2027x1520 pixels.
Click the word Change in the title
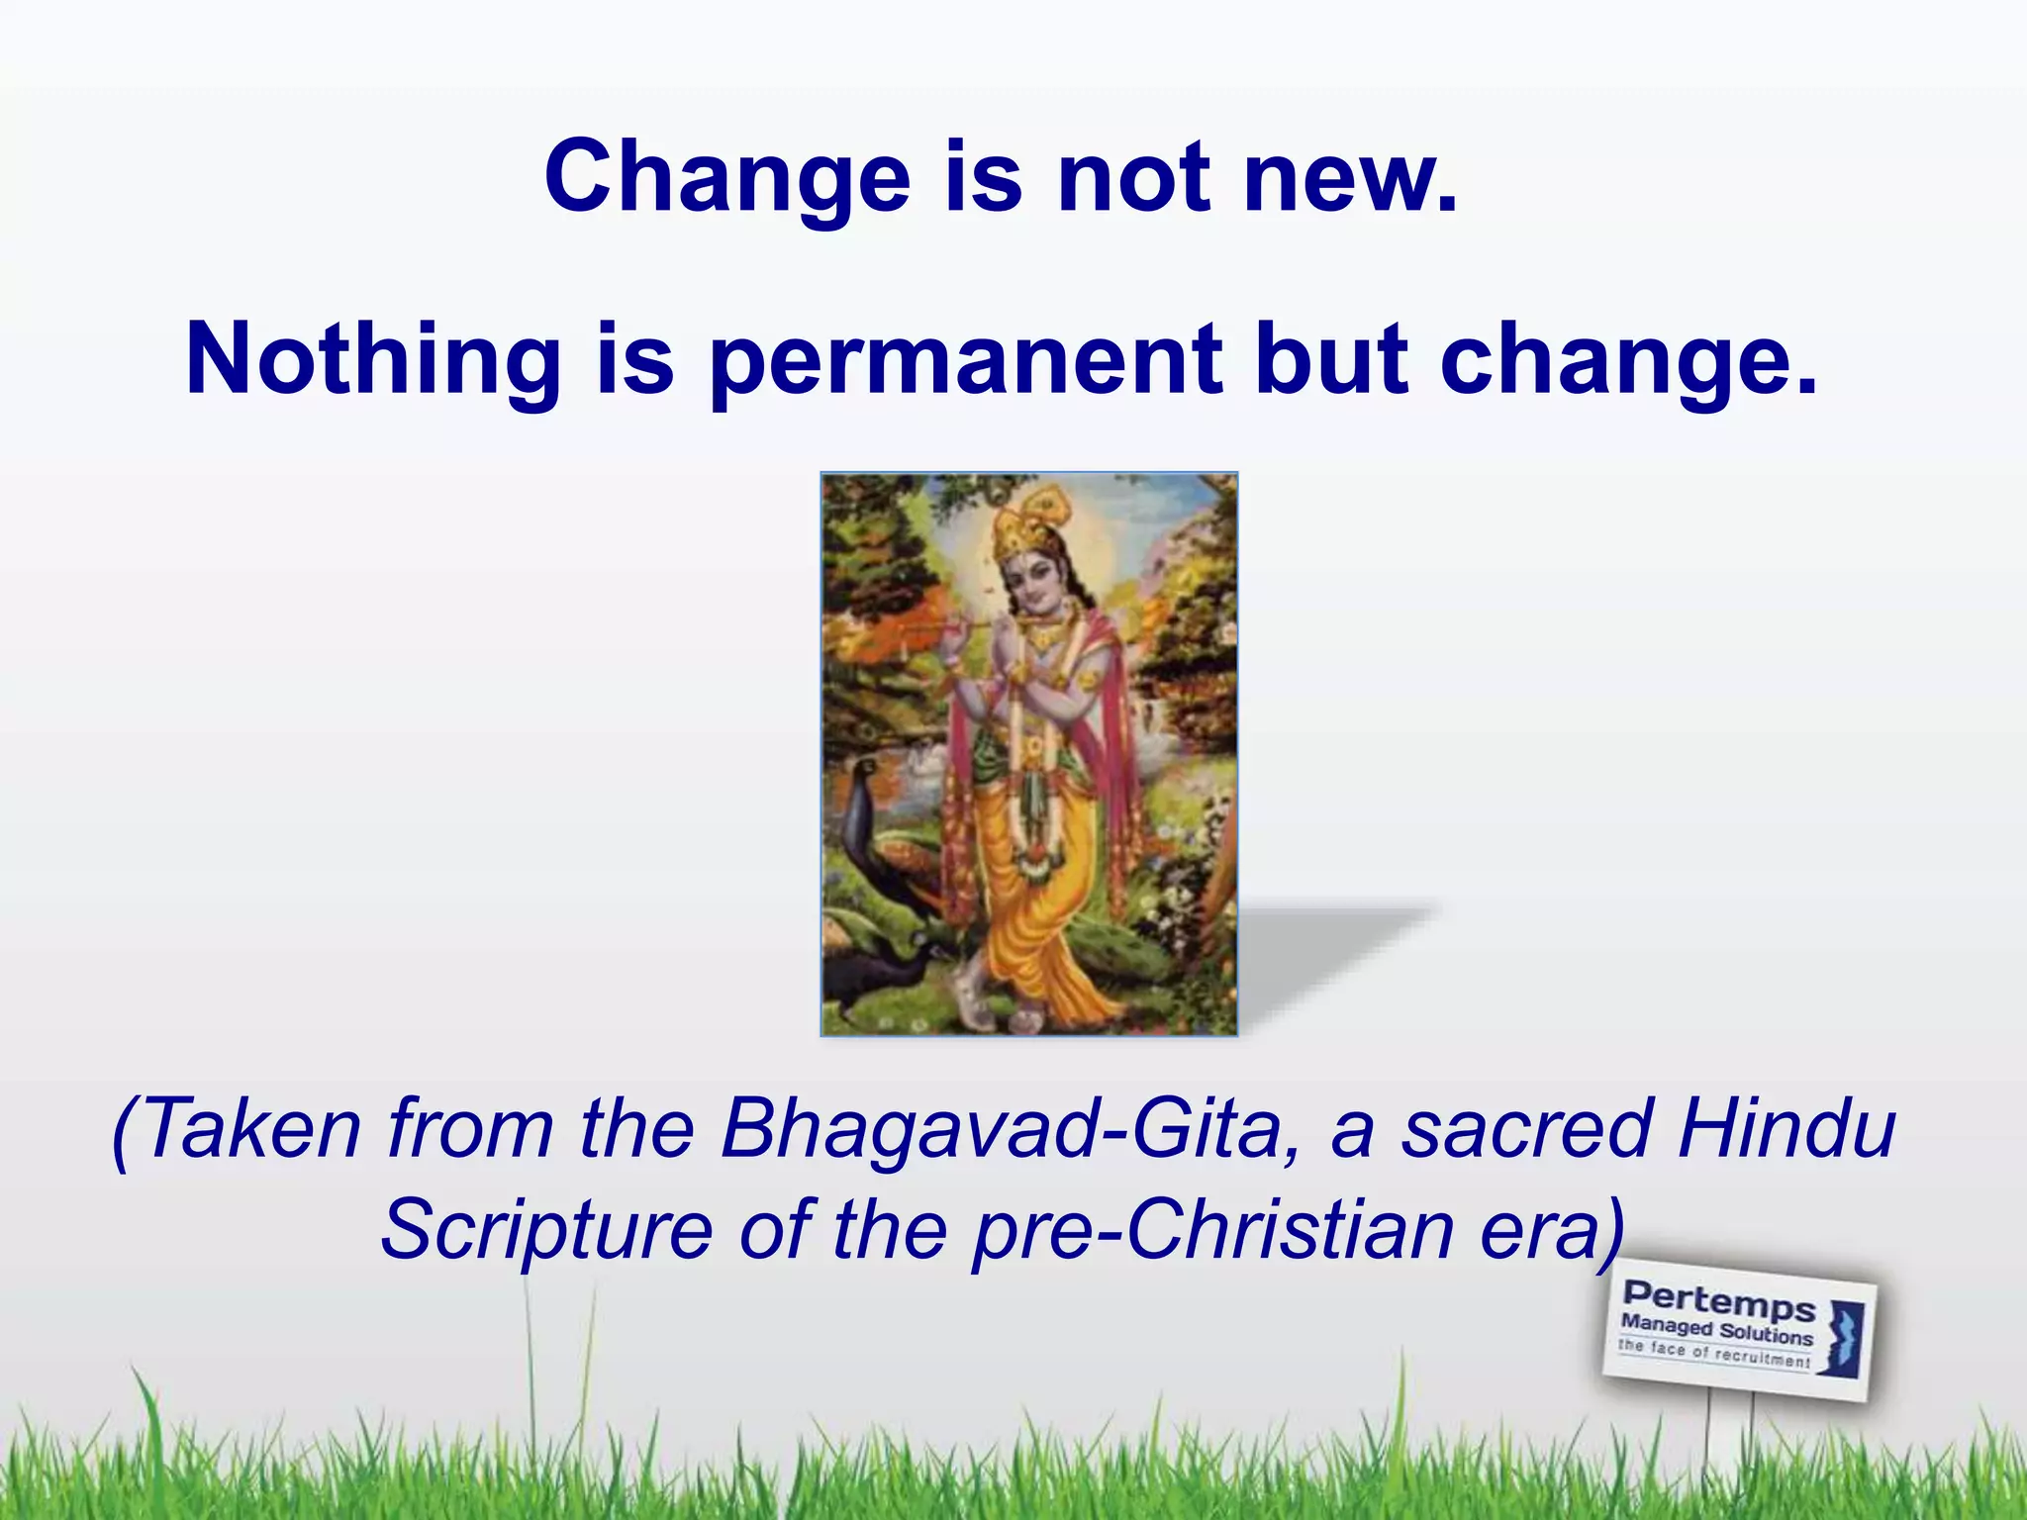726,179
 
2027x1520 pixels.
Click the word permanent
966,361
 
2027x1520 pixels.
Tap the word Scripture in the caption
547,1230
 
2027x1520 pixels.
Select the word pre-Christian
1212,1230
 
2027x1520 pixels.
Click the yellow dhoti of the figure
1039,920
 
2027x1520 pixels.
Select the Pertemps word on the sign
1719,1300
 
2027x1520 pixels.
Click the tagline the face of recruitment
1714,1354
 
